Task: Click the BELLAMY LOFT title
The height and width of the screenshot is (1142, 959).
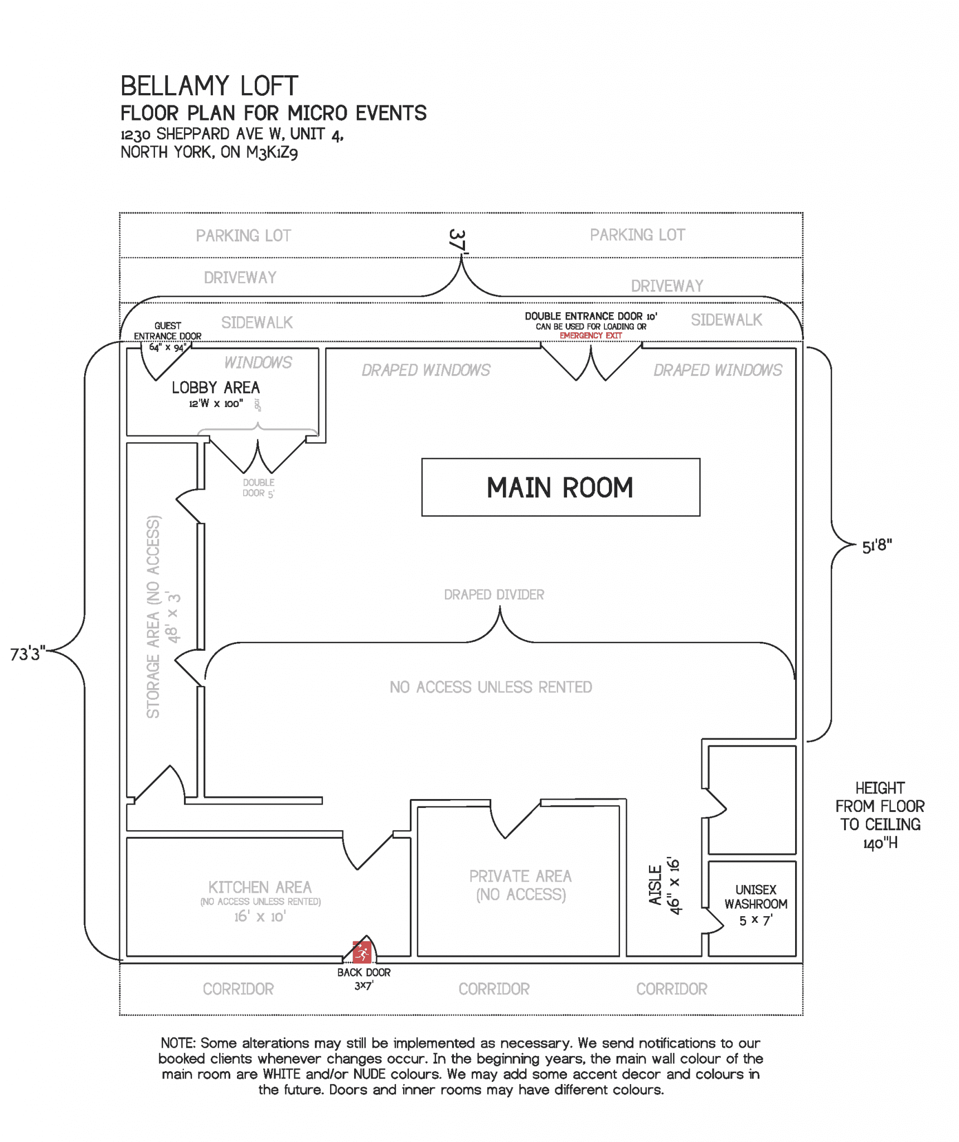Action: point(209,86)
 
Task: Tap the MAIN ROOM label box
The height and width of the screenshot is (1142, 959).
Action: point(560,487)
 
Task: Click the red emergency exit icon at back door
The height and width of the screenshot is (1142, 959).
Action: point(362,952)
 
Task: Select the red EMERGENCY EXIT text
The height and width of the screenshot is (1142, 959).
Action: point(590,336)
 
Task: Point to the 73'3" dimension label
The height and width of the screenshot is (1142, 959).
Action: point(27,654)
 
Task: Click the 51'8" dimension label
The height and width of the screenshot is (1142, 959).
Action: point(876,546)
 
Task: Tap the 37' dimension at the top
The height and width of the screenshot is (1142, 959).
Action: point(457,241)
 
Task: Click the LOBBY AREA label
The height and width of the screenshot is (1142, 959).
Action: point(215,388)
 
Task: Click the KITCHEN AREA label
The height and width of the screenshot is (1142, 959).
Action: point(260,887)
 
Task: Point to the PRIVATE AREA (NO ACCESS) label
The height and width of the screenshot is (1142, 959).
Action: point(520,885)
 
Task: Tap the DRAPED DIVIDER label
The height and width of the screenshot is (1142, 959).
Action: point(494,594)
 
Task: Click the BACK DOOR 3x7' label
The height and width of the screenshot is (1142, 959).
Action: point(364,979)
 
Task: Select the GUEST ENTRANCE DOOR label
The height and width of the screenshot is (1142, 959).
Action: point(167,331)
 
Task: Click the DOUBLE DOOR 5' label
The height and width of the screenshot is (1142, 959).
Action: point(258,487)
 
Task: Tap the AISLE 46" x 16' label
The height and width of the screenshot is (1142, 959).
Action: point(665,885)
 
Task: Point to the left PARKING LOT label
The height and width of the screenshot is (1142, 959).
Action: point(243,236)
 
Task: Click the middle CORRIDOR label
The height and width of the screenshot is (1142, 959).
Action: point(493,989)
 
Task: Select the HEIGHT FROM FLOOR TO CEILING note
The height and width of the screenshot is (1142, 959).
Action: point(879,815)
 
